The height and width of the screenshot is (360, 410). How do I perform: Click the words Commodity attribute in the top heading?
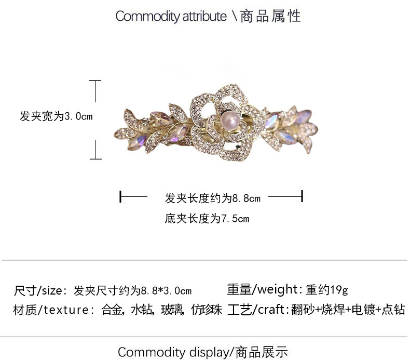pyautogui.click(x=171, y=16)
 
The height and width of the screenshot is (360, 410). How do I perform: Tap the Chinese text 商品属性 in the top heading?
pyautogui.click(x=271, y=16)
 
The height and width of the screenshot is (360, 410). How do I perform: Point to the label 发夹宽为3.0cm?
pyautogui.click(x=56, y=116)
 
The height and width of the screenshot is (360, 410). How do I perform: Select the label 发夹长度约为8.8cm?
pyautogui.click(x=212, y=197)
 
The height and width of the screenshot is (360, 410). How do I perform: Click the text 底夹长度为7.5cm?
pyautogui.click(x=207, y=219)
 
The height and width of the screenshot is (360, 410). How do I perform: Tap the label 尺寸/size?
pyautogui.click(x=40, y=290)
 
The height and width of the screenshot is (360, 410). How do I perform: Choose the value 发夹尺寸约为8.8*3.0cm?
pyautogui.click(x=132, y=290)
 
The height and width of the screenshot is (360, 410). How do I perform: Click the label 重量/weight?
pyautogui.click(x=265, y=289)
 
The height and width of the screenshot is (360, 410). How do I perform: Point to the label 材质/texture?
pyautogui.click(x=51, y=310)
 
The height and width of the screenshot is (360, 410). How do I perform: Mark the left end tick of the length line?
pyautogui.click(x=121, y=197)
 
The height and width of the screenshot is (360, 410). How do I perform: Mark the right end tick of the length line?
pyautogui.click(x=302, y=197)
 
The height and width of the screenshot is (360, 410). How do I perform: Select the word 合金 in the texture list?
pyautogui.click(x=113, y=310)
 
